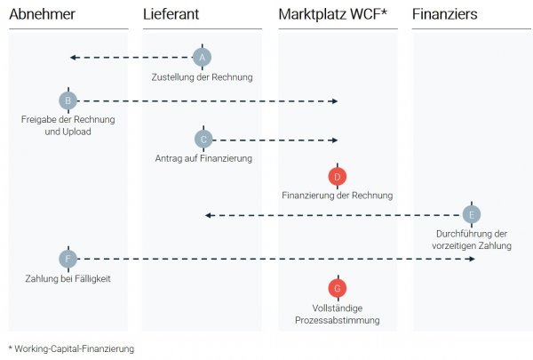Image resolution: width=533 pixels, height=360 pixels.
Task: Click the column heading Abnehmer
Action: point(42,14)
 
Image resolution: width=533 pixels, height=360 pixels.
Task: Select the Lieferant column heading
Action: point(171,14)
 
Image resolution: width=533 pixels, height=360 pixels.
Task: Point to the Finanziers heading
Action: point(446,14)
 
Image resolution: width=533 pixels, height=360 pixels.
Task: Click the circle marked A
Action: point(203,58)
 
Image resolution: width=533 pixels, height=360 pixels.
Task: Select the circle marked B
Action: point(68,100)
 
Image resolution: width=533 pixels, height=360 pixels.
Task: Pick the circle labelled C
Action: point(203,140)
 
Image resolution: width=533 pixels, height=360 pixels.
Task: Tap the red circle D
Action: point(337,177)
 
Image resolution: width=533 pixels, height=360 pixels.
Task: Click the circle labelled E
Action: point(472,214)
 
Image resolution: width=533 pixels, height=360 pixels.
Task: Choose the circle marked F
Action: point(68,260)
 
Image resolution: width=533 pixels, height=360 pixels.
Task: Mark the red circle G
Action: point(337,288)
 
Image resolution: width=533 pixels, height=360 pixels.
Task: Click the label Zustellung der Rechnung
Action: point(203,77)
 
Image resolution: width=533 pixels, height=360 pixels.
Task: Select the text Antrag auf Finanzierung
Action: point(203,158)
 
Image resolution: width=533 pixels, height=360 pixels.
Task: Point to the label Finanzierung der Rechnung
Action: point(337,196)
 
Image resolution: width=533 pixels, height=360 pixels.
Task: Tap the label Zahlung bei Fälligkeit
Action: point(68,279)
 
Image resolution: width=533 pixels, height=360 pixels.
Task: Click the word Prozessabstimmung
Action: point(337,320)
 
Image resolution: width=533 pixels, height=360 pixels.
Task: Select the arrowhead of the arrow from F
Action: point(471,260)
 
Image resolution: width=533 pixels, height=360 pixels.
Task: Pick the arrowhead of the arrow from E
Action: point(208,214)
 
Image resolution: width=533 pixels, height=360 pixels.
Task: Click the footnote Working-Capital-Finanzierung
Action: point(75,349)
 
